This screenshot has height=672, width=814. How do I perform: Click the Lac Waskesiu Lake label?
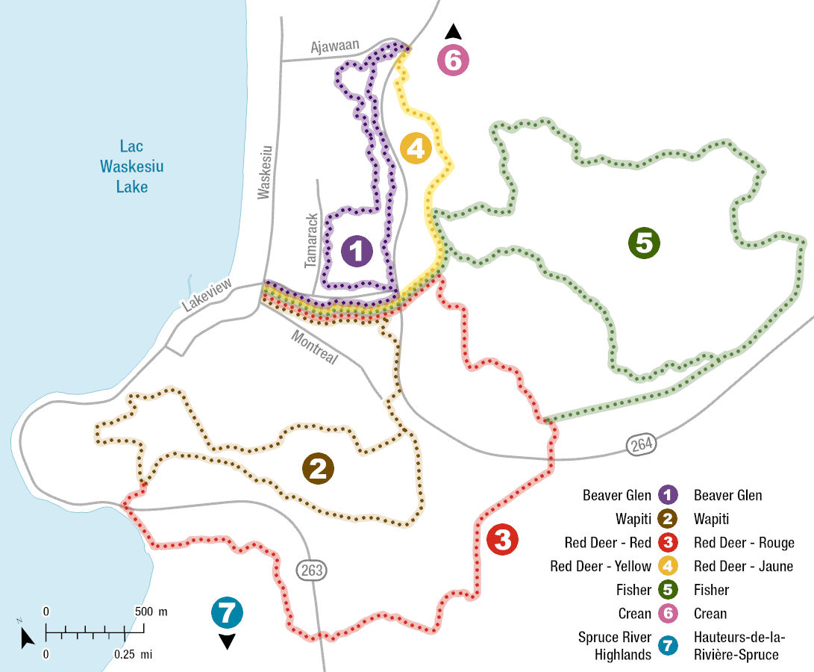pos(131,166)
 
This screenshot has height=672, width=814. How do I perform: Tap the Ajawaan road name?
pos(334,46)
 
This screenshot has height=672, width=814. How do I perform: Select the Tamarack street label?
pos(311,240)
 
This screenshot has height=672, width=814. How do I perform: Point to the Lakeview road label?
pos(207,294)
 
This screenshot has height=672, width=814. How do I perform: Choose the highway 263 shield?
pos(312,570)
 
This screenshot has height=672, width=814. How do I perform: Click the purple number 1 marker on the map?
pos(357,251)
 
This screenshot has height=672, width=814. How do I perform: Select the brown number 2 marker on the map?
pos(318,469)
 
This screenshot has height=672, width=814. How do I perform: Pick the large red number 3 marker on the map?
pos(502,539)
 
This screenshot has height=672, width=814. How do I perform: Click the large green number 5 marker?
pos(645,243)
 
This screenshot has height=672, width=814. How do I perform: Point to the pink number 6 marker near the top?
pos(453,60)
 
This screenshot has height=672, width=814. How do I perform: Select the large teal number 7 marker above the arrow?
pos(227,613)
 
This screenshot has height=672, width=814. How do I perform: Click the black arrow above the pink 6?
pos(453,31)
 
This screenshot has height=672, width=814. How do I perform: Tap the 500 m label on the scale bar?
pos(152,612)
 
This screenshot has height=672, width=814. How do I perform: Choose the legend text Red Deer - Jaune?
pos(743,566)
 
